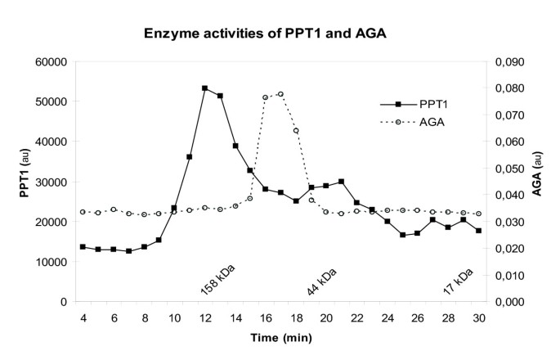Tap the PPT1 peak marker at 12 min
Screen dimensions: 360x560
pos(204,88)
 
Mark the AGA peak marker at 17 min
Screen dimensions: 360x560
pos(280,94)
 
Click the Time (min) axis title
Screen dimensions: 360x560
pos(280,335)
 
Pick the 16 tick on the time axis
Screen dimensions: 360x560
pos(265,317)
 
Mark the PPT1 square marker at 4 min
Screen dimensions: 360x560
pos(83,246)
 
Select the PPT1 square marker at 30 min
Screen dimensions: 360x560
pos(478,231)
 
